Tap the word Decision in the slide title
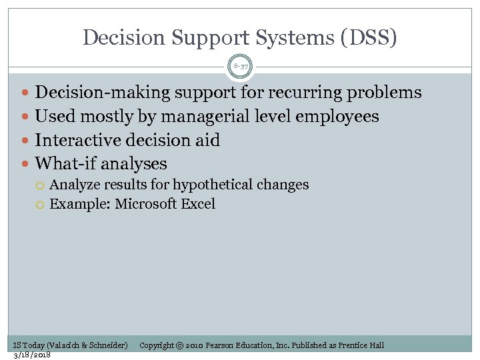click(x=118, y=37)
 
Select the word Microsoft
click(x=146, y=204)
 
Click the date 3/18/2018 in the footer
click(x=32, y=354)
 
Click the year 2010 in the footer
click(x=194, y=345)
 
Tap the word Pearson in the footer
click(x=223, y=345)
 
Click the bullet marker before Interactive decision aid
click(x=26, y=141)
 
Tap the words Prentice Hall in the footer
click(x=361, y=345)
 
